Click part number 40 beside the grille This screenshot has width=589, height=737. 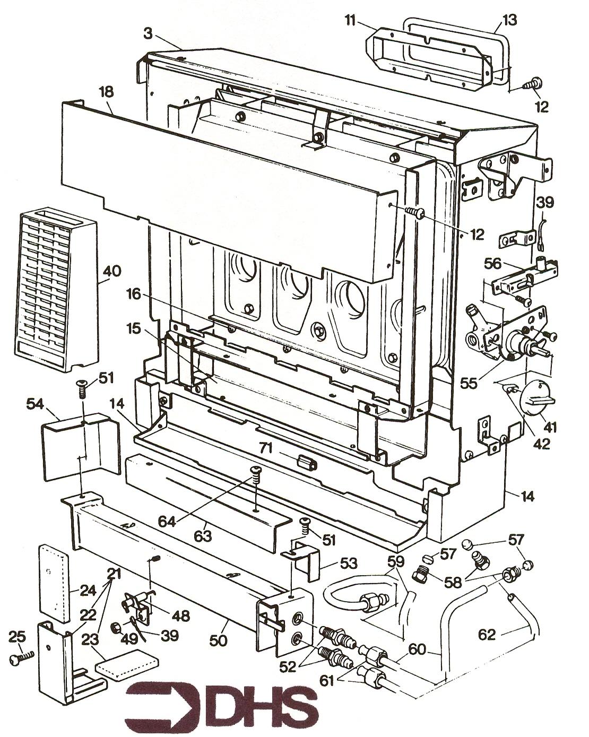[x=112, y=271]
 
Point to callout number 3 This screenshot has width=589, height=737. [x=148, y=33]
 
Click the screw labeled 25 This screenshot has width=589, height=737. [x=21, y=658]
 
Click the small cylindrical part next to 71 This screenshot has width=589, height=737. [x=307, y=462]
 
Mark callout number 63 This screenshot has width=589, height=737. [x=202, y=536]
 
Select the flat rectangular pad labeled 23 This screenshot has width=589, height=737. [x=127, y=663]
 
